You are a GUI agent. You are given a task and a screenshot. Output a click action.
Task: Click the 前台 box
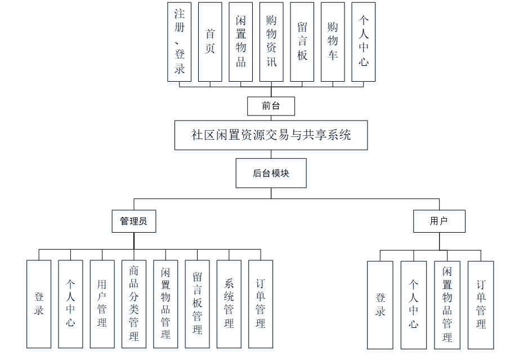271,106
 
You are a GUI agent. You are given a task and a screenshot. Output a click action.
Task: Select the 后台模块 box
271,174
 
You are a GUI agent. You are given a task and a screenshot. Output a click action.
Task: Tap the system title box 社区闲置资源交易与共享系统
271,135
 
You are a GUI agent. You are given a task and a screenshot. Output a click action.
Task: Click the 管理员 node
133,221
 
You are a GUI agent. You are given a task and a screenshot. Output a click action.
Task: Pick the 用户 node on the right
439,221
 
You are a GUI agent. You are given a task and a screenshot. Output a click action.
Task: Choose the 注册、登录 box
180,42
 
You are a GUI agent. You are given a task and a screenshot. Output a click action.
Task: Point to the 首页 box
210,42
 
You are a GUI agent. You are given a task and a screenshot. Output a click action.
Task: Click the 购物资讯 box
271,42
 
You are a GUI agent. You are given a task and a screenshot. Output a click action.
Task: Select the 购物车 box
333,42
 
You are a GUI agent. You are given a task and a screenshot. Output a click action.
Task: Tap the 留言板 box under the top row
302,42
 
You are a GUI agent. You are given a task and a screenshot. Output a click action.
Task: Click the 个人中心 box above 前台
364,42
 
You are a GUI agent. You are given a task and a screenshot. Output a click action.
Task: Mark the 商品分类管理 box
133,304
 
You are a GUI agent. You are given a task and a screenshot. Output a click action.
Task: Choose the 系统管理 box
229,304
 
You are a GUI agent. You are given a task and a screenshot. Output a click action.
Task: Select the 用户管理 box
102,304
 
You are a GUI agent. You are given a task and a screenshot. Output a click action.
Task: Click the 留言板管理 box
197,304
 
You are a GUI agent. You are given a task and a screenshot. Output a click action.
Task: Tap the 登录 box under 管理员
39,304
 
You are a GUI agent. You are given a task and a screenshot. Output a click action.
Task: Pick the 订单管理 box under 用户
481,305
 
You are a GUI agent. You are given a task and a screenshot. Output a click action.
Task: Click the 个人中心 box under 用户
414,305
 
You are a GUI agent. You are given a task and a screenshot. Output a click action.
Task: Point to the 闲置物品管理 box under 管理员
165,304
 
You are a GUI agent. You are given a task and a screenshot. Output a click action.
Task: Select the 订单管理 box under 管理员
260,304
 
